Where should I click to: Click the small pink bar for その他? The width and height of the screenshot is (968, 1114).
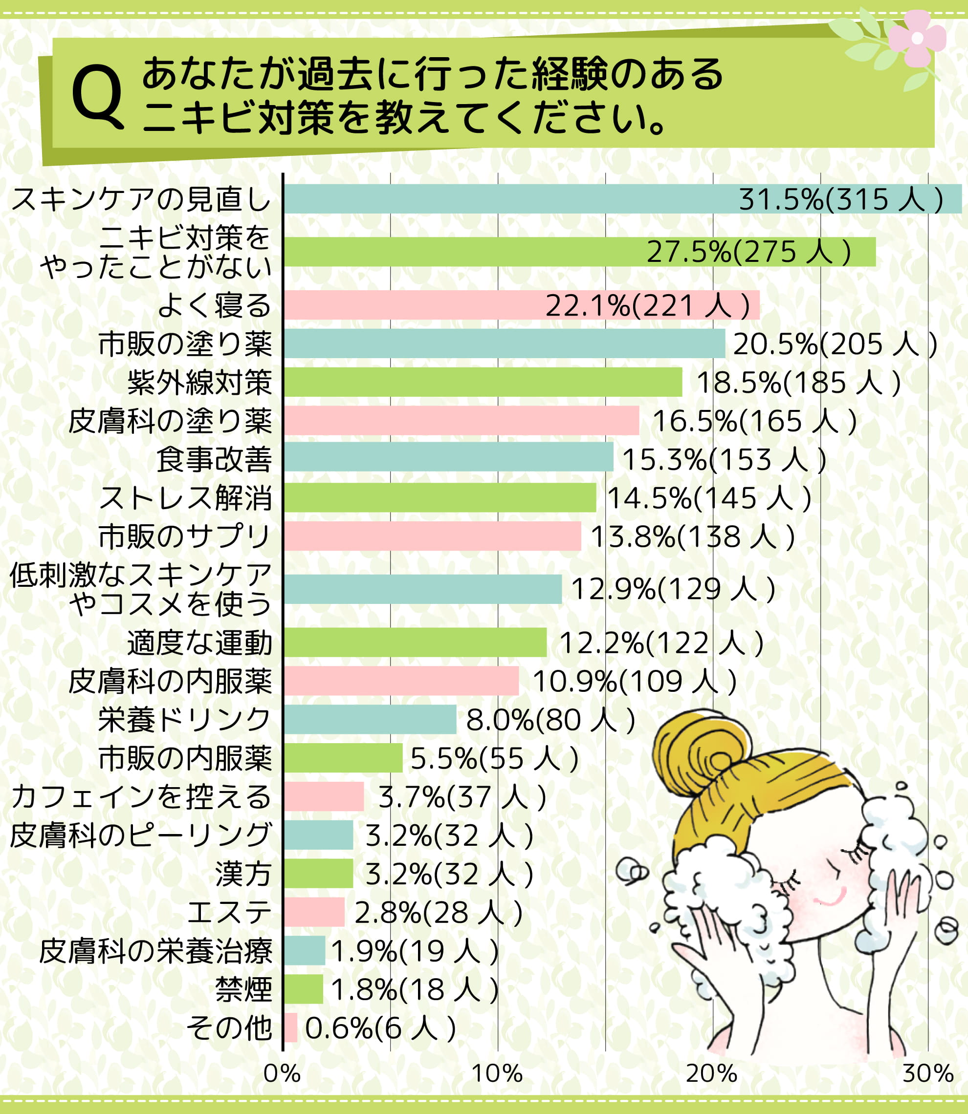290,1028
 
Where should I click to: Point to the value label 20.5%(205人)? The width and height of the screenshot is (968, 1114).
835,344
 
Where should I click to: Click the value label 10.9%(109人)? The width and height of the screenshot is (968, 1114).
634,681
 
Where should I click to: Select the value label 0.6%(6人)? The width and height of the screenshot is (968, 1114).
380,1028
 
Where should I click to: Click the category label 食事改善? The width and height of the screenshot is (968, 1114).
214,459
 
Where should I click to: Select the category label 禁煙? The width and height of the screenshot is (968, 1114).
243,989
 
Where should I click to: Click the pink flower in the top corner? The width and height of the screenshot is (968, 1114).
917,38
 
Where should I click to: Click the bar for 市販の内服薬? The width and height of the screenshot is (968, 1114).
343,758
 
